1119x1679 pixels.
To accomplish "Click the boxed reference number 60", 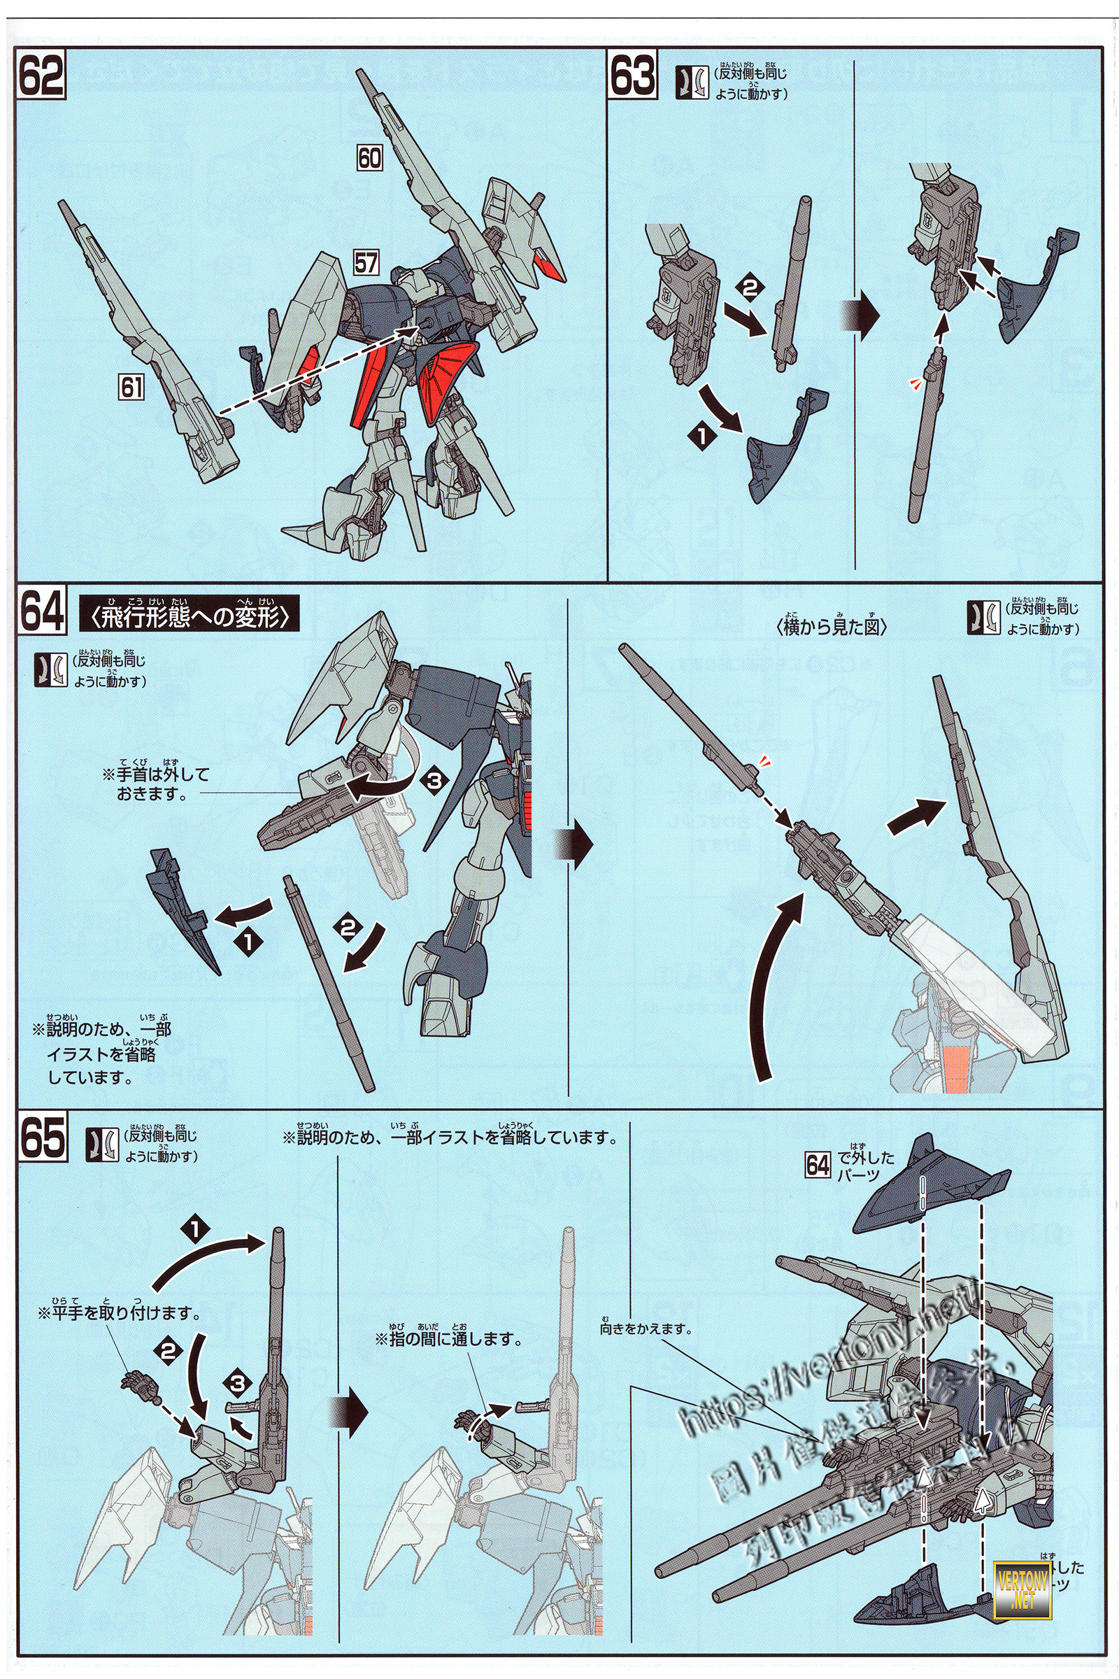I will point(369,158).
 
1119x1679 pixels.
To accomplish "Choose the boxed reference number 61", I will point(132,387).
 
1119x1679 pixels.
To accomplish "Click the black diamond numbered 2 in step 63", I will point(748,289).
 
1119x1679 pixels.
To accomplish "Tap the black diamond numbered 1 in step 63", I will point(701,436).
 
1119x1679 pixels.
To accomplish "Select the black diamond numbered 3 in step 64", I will point(433,780).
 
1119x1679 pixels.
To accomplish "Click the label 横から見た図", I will point(832,628).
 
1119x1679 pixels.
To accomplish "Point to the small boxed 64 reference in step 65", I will point(818,1166).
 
